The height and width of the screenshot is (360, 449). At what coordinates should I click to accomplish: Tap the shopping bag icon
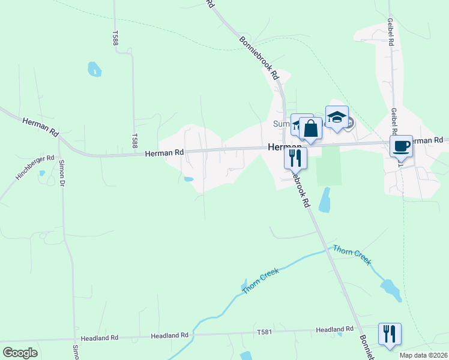310,128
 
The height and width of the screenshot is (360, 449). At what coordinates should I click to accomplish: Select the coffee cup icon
401,145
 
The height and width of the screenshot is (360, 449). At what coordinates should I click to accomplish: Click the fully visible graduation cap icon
337,116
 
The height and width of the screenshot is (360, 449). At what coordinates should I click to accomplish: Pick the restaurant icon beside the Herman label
295,157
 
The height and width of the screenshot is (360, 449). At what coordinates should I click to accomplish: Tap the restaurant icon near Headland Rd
390,333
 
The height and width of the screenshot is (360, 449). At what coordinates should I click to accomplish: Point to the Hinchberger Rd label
35,169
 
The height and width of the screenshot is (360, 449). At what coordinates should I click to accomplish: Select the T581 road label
265,332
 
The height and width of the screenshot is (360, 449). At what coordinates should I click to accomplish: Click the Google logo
20,353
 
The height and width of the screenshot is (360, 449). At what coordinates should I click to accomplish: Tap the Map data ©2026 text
423,355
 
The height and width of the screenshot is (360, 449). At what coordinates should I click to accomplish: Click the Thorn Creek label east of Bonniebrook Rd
353,254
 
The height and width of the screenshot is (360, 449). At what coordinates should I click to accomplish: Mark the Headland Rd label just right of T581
334,329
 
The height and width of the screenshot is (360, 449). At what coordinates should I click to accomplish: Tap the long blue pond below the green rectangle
325,200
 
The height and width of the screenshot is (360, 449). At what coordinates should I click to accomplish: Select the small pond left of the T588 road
94,69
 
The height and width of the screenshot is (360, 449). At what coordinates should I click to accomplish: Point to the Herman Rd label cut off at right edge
430,140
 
